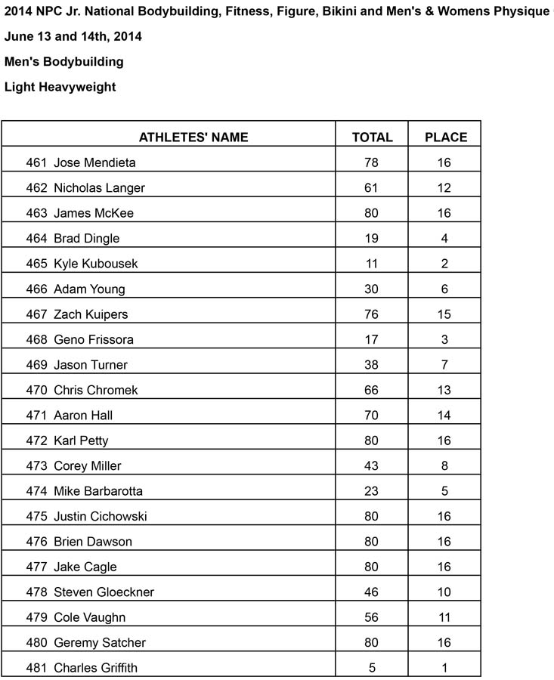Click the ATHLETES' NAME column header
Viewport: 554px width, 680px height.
[193, 137]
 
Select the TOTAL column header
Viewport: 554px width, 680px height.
[372, 137]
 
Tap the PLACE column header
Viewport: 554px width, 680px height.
[445, 137]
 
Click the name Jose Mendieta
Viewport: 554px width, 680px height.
[94, 162]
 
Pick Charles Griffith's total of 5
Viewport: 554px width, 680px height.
[372, 668]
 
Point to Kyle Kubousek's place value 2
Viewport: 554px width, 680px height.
[445, 264]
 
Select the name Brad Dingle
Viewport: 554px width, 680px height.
[86, 238]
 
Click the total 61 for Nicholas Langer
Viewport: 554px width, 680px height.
[372, 187]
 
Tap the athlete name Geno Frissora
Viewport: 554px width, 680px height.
[94, 339]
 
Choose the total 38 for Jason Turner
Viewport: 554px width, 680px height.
[372, 365]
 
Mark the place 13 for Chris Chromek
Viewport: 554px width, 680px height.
[445, 390]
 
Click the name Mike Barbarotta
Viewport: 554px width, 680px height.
[97, 491]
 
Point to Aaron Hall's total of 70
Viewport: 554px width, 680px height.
[372, 416]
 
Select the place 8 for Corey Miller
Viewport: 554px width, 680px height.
[445, 466]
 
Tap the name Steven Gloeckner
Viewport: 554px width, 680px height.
[104, 592]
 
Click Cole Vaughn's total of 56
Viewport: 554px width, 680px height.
[372, 617]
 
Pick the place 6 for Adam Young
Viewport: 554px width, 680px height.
[445, 289]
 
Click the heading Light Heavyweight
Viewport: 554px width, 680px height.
[60, 87]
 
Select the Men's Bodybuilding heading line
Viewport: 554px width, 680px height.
[63, 61]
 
